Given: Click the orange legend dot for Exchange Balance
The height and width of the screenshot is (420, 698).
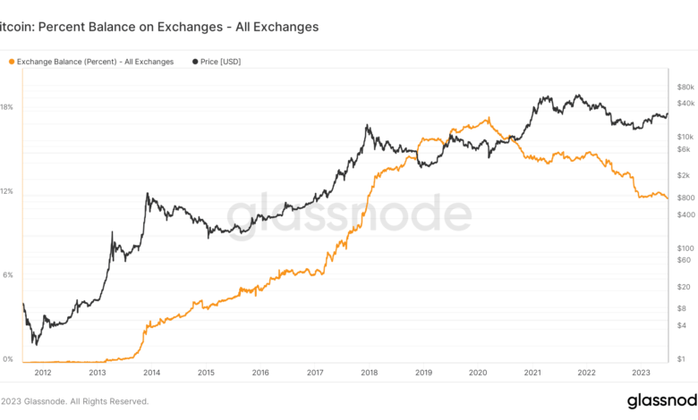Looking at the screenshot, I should [12, 62].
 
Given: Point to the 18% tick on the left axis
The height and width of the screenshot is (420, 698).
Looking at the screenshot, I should [6, 107].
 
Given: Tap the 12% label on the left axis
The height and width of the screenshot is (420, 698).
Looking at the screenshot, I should [6, 192].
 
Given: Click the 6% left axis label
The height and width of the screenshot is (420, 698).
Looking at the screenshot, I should [6, 275].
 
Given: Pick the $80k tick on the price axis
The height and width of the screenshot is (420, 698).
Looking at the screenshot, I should [685, 88].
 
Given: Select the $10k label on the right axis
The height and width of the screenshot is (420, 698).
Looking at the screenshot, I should [685, 136].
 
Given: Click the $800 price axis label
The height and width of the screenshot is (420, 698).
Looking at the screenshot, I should [685, 197].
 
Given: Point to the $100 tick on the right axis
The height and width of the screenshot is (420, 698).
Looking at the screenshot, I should [685, 248].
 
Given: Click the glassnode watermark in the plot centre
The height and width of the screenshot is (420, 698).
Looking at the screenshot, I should [348, 215].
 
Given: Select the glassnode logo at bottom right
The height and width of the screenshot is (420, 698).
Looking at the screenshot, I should [661, 400].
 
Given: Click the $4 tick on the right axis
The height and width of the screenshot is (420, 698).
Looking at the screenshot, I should [684, 324].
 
